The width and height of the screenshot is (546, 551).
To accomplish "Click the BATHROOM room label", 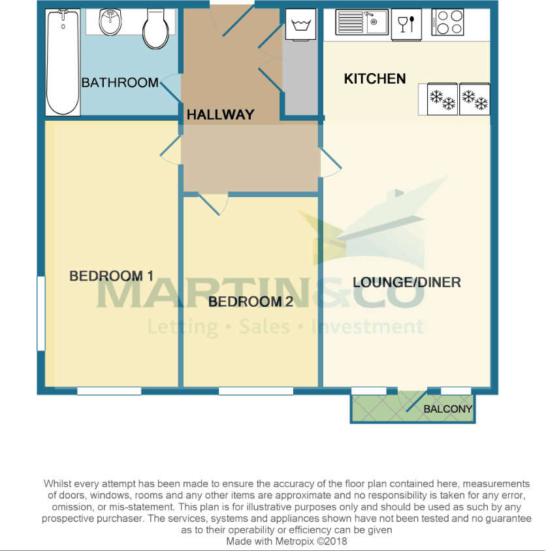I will [x=120, y=83].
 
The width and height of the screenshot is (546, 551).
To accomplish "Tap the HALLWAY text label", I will [x=220, y=115].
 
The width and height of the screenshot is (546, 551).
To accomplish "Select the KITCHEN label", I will [x=375, y=79].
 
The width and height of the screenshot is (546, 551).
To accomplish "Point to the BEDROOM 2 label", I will [x=250, y=302].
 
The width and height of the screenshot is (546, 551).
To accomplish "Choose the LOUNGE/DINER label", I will [x=407, y=283].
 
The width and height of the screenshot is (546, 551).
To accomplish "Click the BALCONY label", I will [x=447, y=409].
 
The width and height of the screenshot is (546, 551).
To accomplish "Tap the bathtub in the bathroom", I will [x=62, y=62].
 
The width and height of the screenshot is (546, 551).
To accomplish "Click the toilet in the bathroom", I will [x=156, y=30].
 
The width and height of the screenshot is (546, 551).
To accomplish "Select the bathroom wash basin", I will [x=110, y=24].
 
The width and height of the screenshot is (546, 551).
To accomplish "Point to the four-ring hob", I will [x=447, y=23].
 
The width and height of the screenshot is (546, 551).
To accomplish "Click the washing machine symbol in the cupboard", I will [x=301, y=25].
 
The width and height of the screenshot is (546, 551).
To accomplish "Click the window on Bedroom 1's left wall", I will [x=40, y=313].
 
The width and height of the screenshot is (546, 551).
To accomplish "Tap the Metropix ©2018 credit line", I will [x=286, y=541].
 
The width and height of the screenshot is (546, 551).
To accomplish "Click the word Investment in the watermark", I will [x=368, y=326].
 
